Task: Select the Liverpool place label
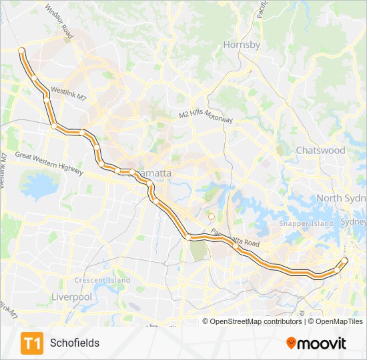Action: [71, 296]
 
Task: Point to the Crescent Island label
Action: [102, 280]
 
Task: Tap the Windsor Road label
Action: [59, 20]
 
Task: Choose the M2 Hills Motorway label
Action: [206, 115]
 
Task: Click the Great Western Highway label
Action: [49, 163]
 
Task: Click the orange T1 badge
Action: [31, 343]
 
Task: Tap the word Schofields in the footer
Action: [75, 343]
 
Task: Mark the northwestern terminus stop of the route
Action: [22, 51]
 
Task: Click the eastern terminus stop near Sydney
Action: [345, 260]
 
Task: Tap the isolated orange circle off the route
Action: [211, 216]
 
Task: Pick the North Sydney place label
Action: [341, 198]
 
